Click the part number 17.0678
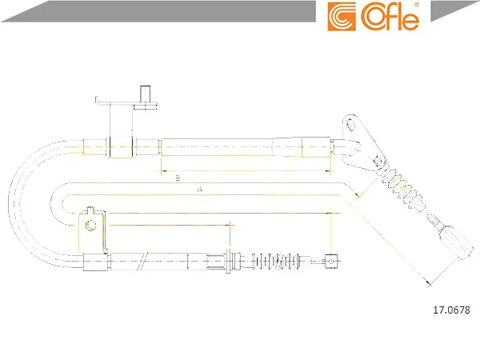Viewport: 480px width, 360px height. point(451,310)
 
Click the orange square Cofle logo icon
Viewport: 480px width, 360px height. point(342,17)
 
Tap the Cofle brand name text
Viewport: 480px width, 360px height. point(390,18)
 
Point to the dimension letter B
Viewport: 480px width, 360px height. point(178,178)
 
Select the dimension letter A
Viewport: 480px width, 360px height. point(199,190)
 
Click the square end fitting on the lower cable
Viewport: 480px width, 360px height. point(330,261)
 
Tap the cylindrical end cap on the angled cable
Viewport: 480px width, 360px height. point(455,242)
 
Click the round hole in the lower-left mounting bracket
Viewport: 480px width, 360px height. point(90,226)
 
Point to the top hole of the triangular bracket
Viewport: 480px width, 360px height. point(350,125)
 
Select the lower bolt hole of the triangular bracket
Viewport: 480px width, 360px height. point(377,161)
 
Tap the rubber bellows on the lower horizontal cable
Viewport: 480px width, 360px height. point(276,261)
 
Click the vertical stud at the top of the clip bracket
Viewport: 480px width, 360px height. point(145,94)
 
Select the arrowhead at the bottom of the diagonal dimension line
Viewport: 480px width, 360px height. point(429,282)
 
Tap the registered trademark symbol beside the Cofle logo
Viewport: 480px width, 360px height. point(416,6)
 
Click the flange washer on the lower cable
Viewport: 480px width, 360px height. point(228,261)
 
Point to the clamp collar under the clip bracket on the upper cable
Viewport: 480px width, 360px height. point(121,147)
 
